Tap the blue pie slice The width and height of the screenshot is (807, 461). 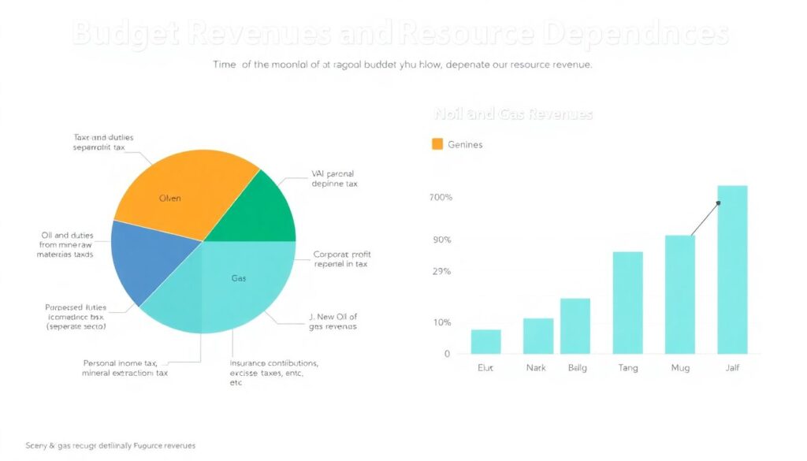[x=150, y=260]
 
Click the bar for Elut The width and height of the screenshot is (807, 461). [x=485, y=341]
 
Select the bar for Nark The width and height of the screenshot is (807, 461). [x=538, y=336]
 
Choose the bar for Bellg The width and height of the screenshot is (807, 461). [x=575, y=325]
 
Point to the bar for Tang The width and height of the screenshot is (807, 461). [x=628, y=303]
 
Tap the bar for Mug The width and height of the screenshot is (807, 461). [x=680, y=294]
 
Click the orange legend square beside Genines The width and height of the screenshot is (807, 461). [x=437, y=144]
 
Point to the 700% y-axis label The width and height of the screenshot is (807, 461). [x=441, y=197]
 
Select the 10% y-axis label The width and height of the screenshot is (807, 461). [x=442, y=322]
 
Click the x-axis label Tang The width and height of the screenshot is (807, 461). [x=628, y=368]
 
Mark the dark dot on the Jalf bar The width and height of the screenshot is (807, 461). [x=719, y=203]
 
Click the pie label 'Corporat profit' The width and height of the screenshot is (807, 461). [x=342, y=255]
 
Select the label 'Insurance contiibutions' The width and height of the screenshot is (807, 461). [x=273, y=363]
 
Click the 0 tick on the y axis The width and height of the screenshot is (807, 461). [x=447, y=354]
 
